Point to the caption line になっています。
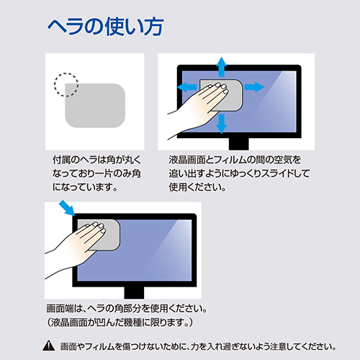click(79, 187)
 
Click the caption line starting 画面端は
click(126, 308)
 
